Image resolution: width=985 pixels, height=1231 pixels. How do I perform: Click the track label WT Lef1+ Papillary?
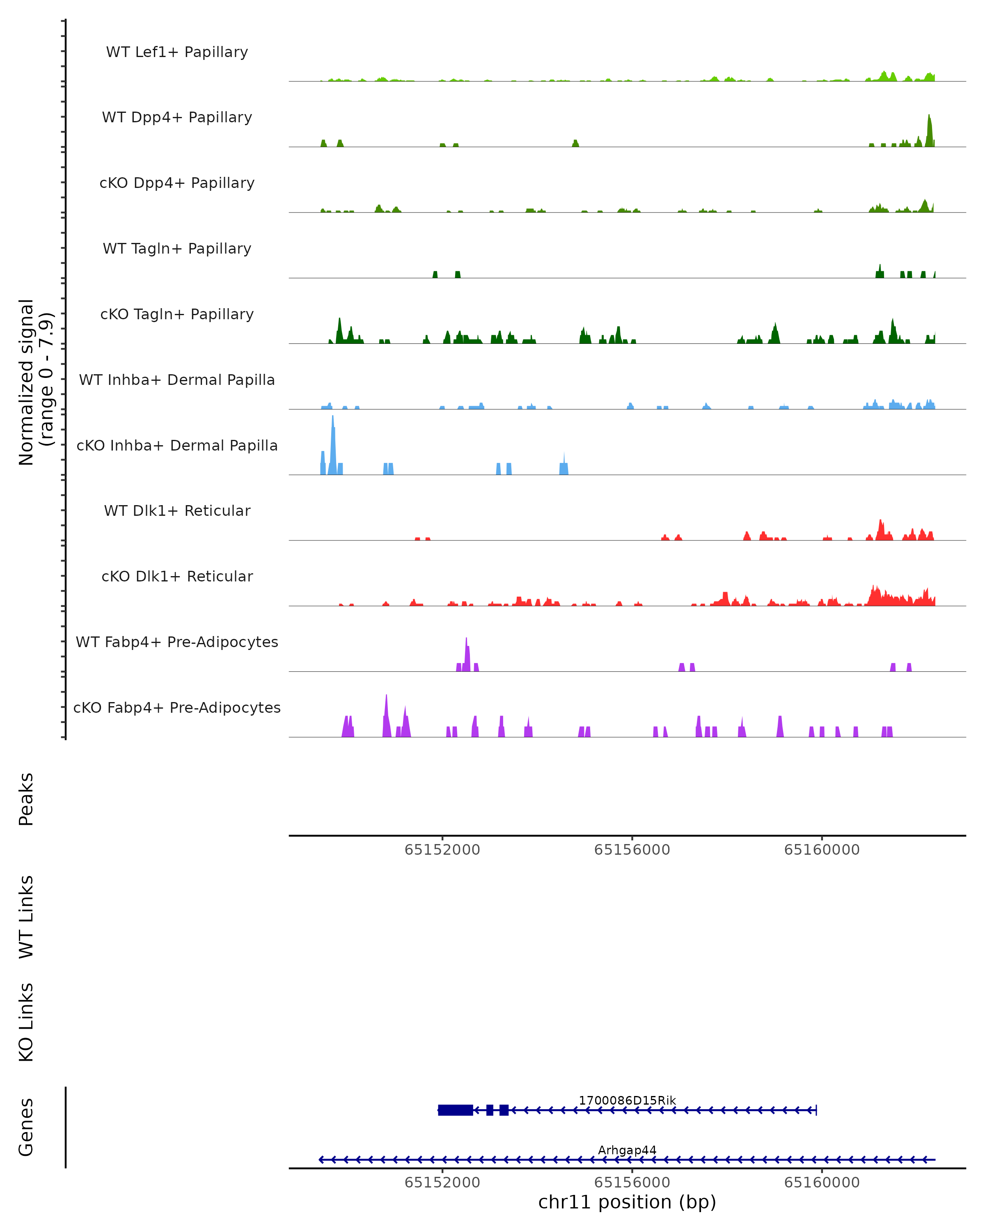point(177,52)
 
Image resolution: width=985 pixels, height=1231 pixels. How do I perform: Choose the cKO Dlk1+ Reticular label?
point(177,576)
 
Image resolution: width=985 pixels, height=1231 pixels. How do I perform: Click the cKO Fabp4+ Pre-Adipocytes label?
point(177,707)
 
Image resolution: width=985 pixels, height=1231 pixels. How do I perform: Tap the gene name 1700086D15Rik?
point(627,1100)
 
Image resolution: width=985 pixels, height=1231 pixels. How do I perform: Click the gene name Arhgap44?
point(627,1150)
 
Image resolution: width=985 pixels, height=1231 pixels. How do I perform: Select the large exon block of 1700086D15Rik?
point(455,1110)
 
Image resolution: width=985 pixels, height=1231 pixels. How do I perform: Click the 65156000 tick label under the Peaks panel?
point(632,850)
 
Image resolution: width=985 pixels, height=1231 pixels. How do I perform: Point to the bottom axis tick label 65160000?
point(822,1183)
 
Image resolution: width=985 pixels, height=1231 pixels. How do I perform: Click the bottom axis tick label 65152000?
point(442,1183)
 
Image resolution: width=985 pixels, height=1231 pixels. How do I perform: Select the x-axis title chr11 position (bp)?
point(627,1202)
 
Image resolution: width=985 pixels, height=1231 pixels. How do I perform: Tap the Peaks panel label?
point(26,799)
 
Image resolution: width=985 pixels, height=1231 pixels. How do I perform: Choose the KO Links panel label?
point(26,1022)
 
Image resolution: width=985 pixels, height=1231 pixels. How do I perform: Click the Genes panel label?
point(26,1127)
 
